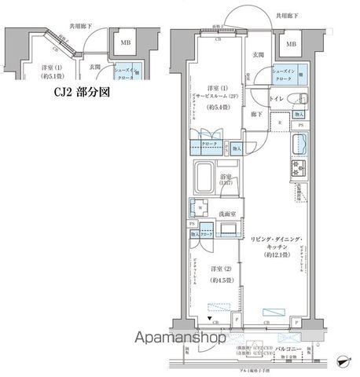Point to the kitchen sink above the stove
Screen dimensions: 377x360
299,145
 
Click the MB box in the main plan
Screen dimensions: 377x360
292,44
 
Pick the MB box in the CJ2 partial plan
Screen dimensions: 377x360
126,43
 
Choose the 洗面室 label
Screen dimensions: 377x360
230,212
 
